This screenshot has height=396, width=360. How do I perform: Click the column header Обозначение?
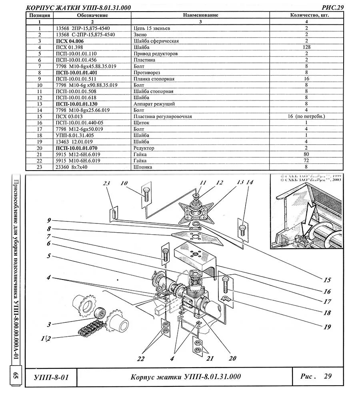92,15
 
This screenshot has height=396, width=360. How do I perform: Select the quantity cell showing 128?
306,47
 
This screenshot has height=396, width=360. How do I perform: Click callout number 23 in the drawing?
106,184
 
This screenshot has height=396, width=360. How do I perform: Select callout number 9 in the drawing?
49,220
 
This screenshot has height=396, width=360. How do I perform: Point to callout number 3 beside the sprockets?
49,324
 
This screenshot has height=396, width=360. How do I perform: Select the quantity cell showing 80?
306,155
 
